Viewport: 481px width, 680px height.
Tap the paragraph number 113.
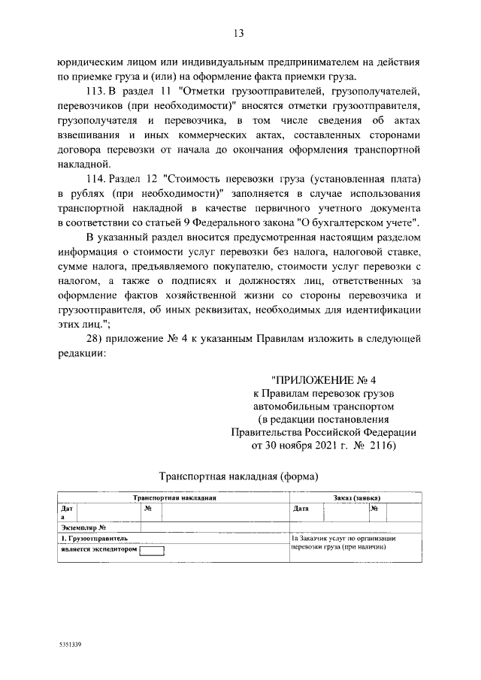point(98,90)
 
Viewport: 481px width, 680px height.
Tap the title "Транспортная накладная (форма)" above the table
point(240,476)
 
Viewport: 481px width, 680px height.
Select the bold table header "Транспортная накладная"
point(174,497)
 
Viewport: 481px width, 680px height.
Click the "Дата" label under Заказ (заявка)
point(301,508)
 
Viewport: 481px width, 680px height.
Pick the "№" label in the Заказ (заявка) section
point(374,508)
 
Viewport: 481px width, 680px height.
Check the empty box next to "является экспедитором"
point(153,549)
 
